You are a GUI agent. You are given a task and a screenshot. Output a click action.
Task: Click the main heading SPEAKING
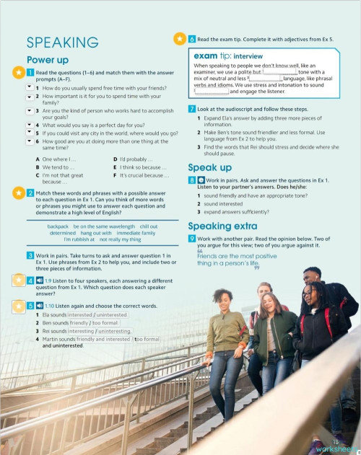[x=62, y=42]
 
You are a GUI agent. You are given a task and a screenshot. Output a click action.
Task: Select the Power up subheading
[x=48, y=60]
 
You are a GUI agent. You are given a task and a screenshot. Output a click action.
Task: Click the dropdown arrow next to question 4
[x=29, y=124]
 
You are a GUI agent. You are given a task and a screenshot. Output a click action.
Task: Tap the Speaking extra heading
[x=218, y=226]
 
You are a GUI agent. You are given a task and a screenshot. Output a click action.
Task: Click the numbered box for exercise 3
[x=29, y=256]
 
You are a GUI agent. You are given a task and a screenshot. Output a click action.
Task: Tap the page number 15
[x=334, y=441]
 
